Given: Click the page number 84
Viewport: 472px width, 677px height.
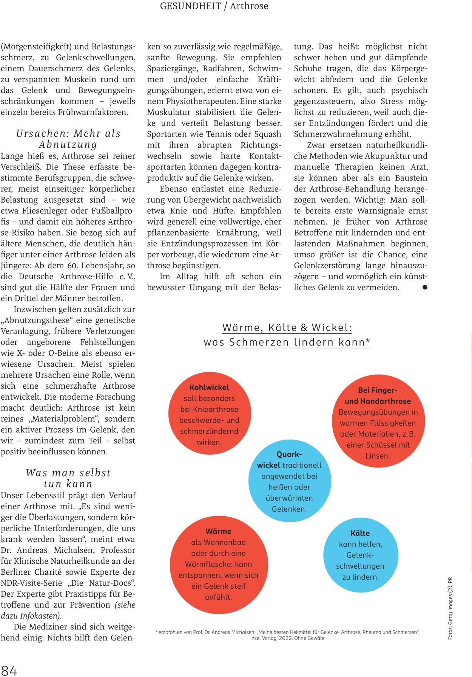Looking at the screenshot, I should [9, 671].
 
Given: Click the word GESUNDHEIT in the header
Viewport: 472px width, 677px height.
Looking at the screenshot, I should [190, 6].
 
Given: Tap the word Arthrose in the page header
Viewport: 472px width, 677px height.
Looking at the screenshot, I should [249, 6].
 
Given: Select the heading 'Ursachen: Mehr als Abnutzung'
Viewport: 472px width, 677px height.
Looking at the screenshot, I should [68, 138].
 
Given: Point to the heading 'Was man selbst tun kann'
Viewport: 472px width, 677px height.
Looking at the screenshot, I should [68, 478].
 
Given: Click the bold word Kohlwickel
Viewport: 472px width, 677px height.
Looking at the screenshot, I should [209, 388].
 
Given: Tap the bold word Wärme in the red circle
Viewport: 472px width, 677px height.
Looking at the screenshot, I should [218, 531].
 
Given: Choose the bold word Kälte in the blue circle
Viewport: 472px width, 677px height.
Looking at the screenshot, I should [360, 533].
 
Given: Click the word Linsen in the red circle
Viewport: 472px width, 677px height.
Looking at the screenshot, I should [377, 456].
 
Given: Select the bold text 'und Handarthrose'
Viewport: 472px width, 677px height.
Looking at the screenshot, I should [378, 401].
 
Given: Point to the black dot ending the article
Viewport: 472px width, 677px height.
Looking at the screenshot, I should [425, 287].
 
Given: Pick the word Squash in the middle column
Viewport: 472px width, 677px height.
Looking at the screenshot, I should [268, 134].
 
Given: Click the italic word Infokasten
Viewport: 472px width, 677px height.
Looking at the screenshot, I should [41, 616].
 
